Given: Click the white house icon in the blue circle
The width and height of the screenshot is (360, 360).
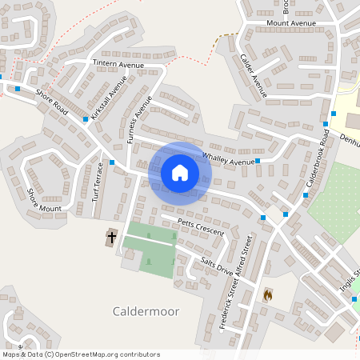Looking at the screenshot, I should [180, 172].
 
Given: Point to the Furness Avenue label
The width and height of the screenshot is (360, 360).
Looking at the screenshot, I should [138, 118].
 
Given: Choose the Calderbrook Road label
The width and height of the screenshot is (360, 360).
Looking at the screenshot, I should [318, 165].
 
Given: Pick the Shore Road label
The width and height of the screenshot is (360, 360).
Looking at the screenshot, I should [53, 102].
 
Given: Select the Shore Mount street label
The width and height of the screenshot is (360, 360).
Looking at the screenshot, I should [45, 201].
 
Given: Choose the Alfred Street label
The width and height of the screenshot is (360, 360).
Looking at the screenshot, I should [246, 258].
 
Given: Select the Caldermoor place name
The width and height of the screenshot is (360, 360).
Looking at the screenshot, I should [146, 310].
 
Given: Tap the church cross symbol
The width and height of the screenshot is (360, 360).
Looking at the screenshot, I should [111, 238].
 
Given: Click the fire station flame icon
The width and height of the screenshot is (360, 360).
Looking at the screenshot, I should [267, 295].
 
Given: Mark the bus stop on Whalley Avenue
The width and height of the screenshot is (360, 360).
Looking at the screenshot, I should [258, 160].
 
